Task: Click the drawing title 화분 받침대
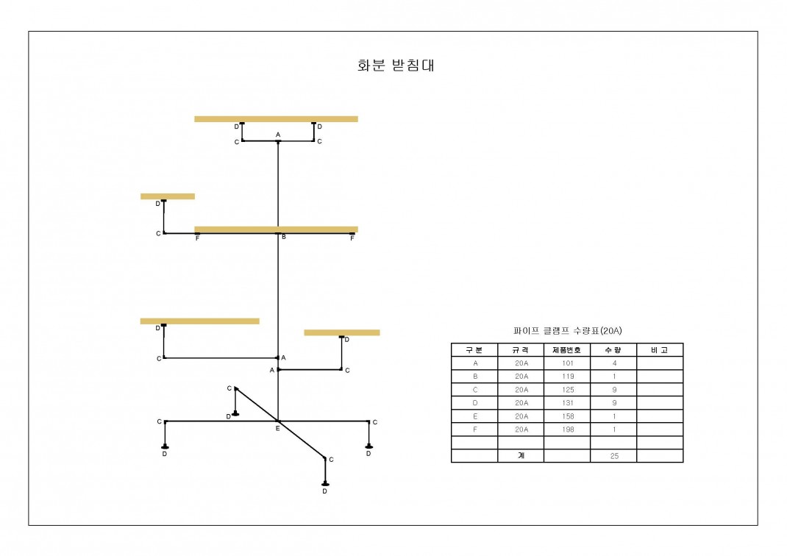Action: [x=396, y=65]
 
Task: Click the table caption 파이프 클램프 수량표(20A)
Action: [x=567, y=331]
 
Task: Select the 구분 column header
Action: [x=474, y=350]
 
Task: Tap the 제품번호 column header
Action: [x=566, y=350]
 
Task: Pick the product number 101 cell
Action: [x=567, y=363]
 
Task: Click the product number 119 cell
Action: [x=567, y=376]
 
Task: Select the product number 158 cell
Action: [x=567, y=416]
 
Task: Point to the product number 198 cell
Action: [x=567, y=429]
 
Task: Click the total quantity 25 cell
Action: [x=614, y=456]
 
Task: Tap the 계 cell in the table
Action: [x=521, y=455]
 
